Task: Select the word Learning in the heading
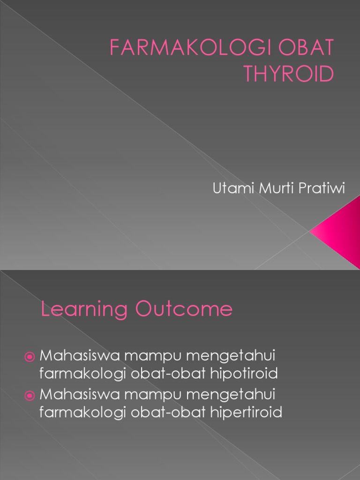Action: (84, 310)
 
